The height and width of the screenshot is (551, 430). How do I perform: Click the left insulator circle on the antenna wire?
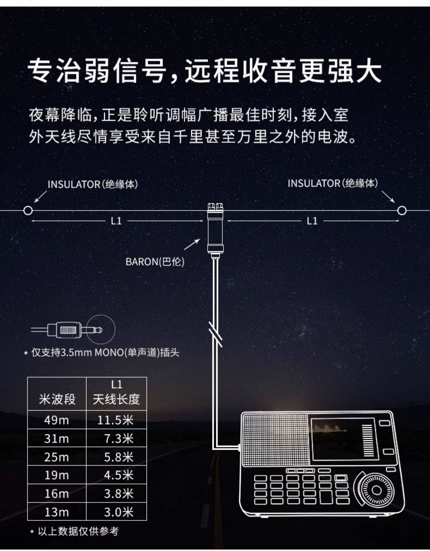coord(28,211)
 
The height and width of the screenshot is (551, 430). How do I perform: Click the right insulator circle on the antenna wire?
coord(401,211)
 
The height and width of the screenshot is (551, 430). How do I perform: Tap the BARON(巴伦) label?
coord(155,262)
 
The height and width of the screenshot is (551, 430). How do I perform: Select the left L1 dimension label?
coord(116,221)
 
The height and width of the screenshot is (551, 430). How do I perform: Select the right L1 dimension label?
coord(312,221)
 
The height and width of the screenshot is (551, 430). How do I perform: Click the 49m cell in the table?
coord(57,420)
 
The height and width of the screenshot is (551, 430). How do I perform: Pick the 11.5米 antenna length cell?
coord(116,420)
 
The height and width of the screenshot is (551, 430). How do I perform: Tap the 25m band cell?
coord(57,457)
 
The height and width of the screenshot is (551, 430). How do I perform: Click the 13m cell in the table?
coord(57,512)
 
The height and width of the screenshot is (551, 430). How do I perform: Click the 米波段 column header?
coord(57,399)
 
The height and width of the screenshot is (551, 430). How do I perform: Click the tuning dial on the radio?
coord(376,490)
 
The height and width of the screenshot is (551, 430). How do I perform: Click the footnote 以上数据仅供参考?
coord(78,531)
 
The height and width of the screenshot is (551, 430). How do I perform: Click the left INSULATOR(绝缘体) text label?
coord(93,184)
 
